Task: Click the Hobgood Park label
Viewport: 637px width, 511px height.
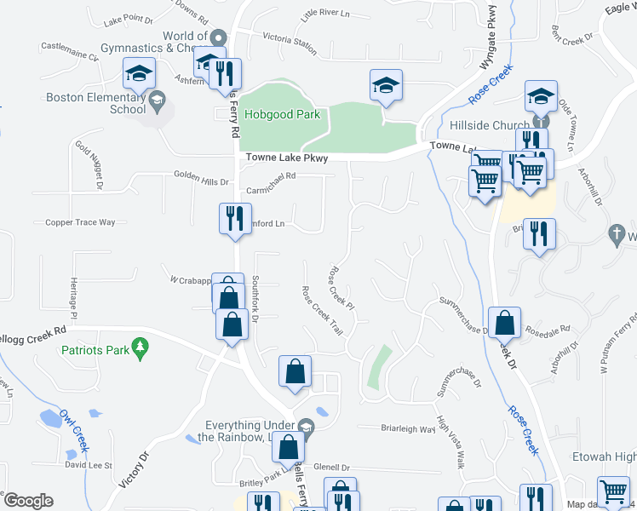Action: pyautogui.click(x=277, y=114)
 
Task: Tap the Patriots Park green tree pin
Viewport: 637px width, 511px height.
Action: pyautogui.click(x=141, y=347)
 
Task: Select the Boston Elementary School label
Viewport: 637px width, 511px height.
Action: pyautogui.click(x=95, y=103)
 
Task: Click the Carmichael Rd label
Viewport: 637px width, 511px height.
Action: pyautogui.click(x=270, y=176)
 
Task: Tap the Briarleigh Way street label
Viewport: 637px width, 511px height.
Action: pyautogui.click(x=396, y=429)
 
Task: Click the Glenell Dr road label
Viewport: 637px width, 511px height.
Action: pyautogui.click(x=332, y=467)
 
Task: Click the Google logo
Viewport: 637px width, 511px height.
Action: pyautogui.click(x=28, y=501)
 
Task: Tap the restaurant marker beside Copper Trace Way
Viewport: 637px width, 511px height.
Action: pyautogui.click(x=231, y=219)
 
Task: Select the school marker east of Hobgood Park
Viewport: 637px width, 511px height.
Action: pyautogui.click(x=386, y=85)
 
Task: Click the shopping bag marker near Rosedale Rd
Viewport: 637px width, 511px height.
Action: pyautogui.click(x=505, y=322)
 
